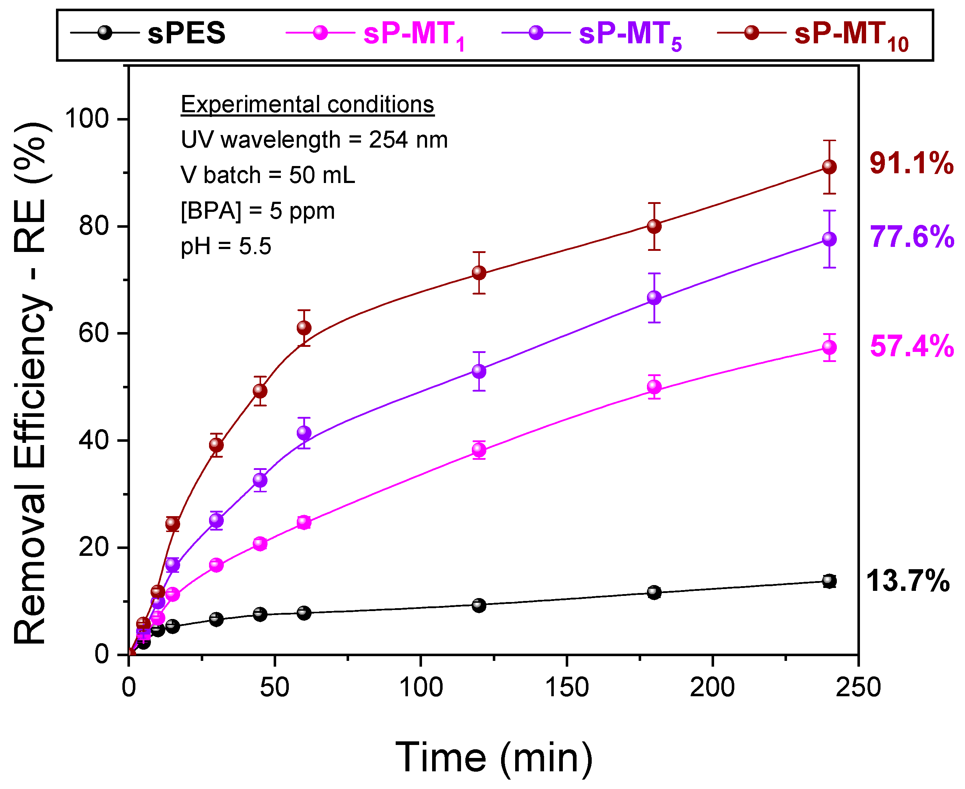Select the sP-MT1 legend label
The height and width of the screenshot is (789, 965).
point(414,35)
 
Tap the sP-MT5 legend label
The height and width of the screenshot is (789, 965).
point(630,35)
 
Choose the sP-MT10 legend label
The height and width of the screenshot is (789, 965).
point(851,35)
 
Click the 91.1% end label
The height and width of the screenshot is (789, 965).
point(911,163)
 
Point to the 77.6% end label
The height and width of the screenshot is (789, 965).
point(911,236)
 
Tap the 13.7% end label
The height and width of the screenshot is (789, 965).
point(907,580)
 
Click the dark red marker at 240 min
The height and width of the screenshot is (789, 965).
point(829,167)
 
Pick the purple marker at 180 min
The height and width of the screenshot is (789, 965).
point(654,298)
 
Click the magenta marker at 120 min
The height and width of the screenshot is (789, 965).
point(479,449)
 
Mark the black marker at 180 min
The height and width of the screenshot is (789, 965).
point(654,592)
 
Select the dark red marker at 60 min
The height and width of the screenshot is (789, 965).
point(304,327)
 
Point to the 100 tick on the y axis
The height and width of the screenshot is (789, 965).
point(87,119)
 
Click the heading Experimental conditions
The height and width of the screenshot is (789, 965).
point(307,105)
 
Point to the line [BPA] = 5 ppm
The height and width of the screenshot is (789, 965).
point(257,211)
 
